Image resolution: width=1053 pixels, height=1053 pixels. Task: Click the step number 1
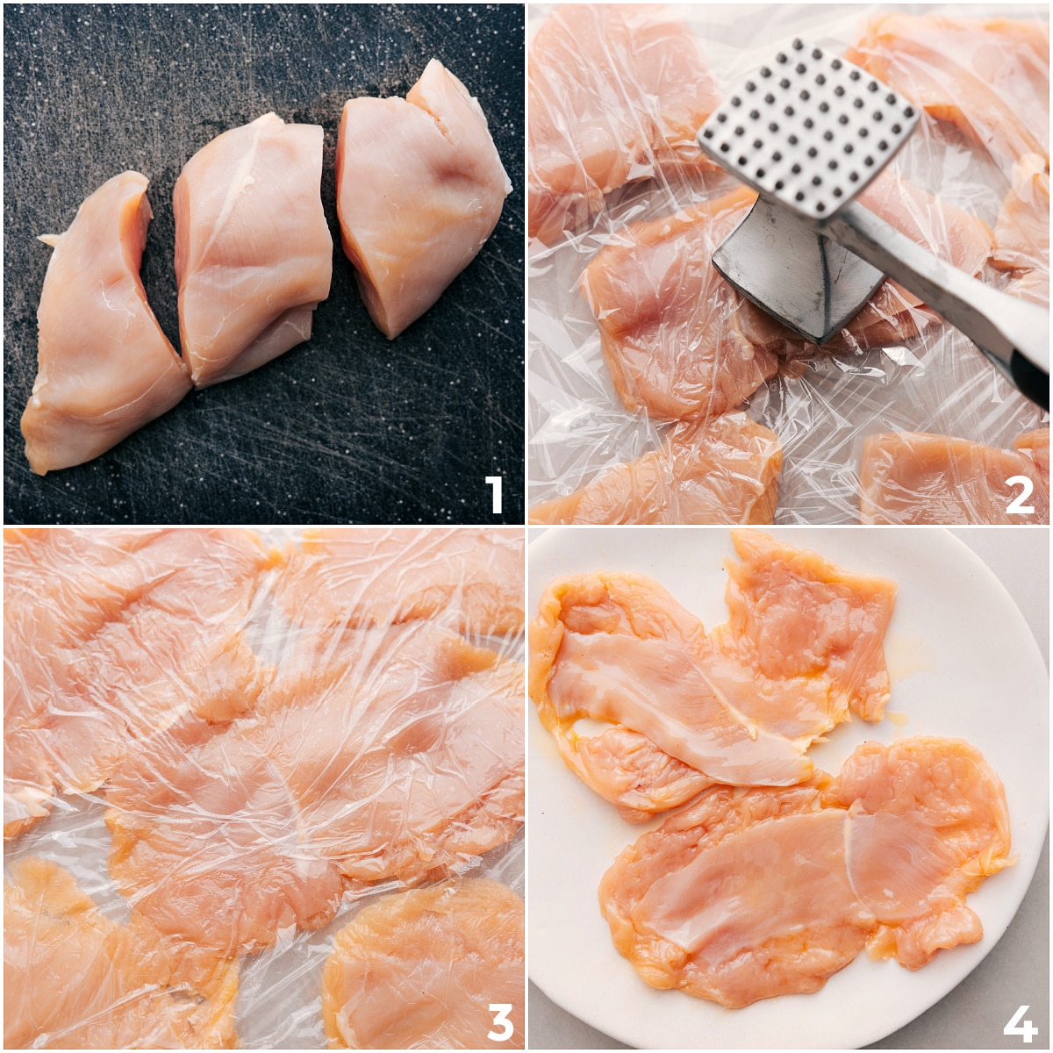(x=494, y=494)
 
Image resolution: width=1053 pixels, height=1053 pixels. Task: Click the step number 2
(x=1019, y=494)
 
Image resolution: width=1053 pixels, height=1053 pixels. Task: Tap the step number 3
(x=499, y=1021)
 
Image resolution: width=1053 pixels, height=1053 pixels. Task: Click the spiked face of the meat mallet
(x=807, y=123)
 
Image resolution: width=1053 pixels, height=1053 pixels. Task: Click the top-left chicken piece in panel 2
(x=614, y=97)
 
